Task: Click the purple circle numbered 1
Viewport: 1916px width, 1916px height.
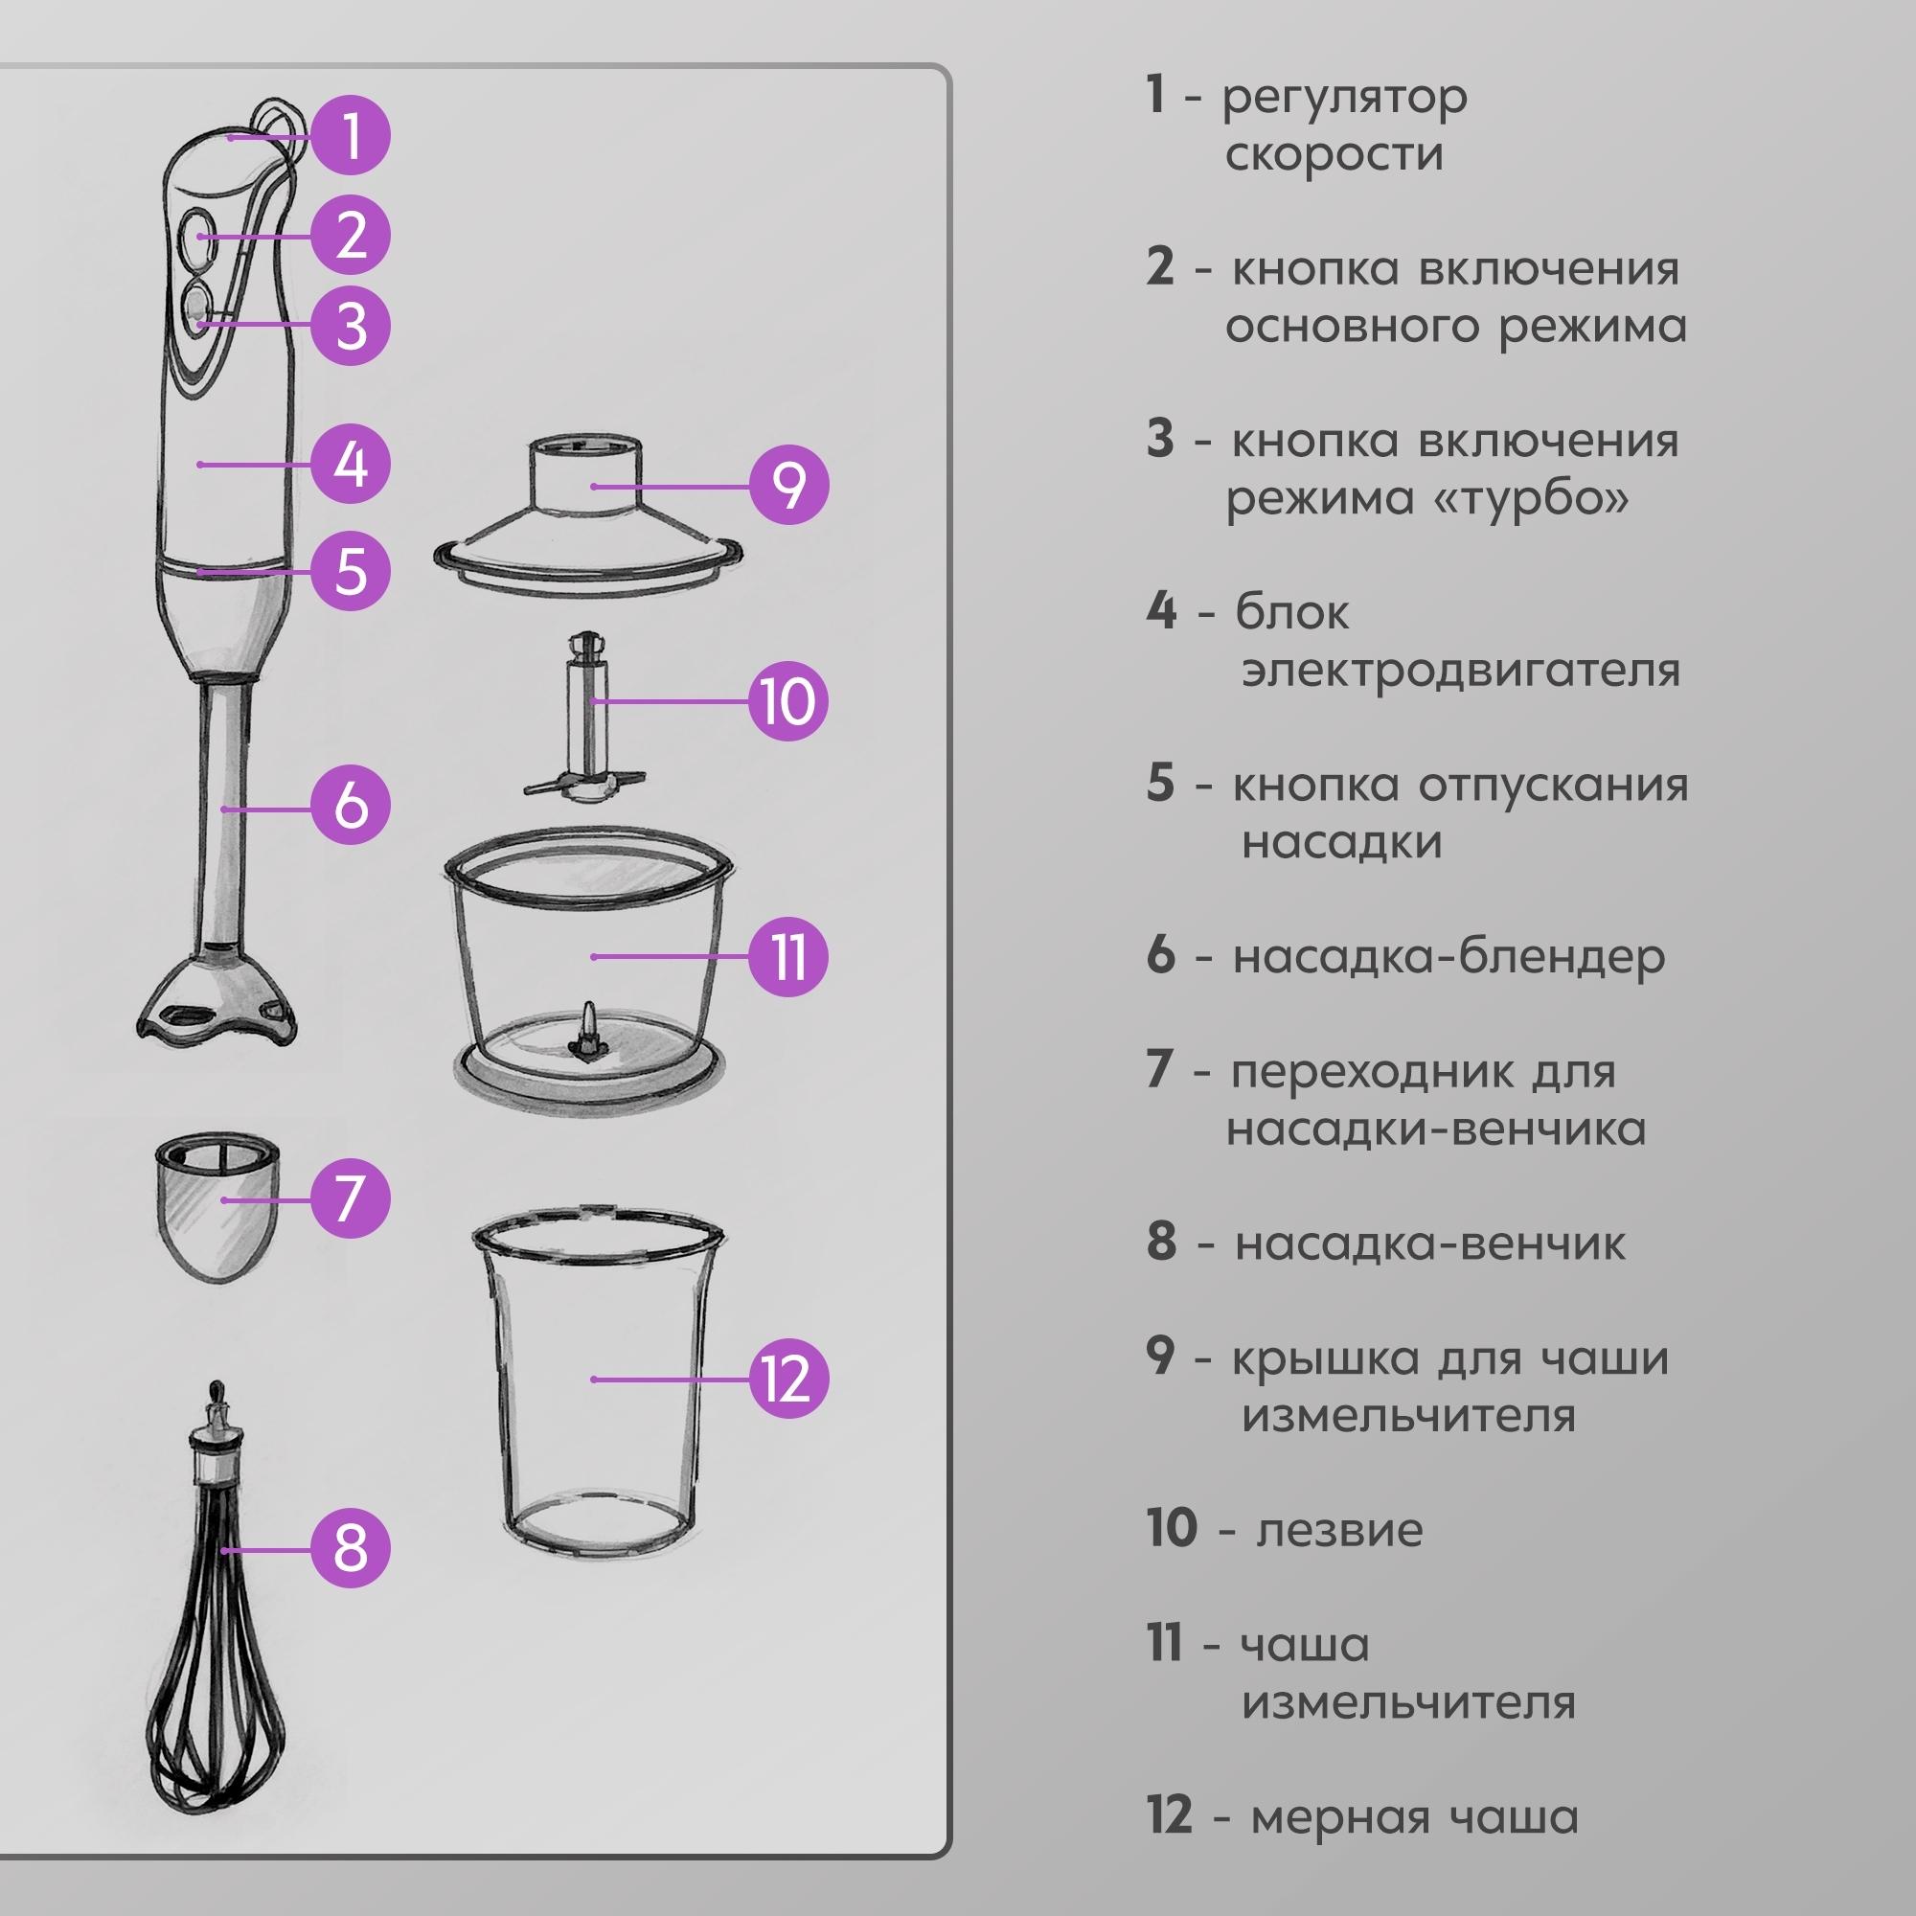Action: pos(351,136)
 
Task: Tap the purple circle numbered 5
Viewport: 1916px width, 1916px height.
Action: pos(351,572)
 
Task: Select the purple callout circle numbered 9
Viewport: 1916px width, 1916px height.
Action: pos(788,486)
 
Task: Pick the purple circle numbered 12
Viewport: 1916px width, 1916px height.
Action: pos(788,1379)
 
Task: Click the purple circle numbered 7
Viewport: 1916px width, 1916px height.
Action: pos(351,1199)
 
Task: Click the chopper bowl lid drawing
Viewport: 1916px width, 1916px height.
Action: pos(587,515)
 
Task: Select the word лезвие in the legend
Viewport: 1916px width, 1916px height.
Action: pos(1339,1530)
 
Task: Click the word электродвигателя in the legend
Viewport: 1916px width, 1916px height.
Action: pos(1461,671)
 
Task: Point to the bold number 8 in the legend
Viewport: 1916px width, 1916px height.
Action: pos(1161,1242)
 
